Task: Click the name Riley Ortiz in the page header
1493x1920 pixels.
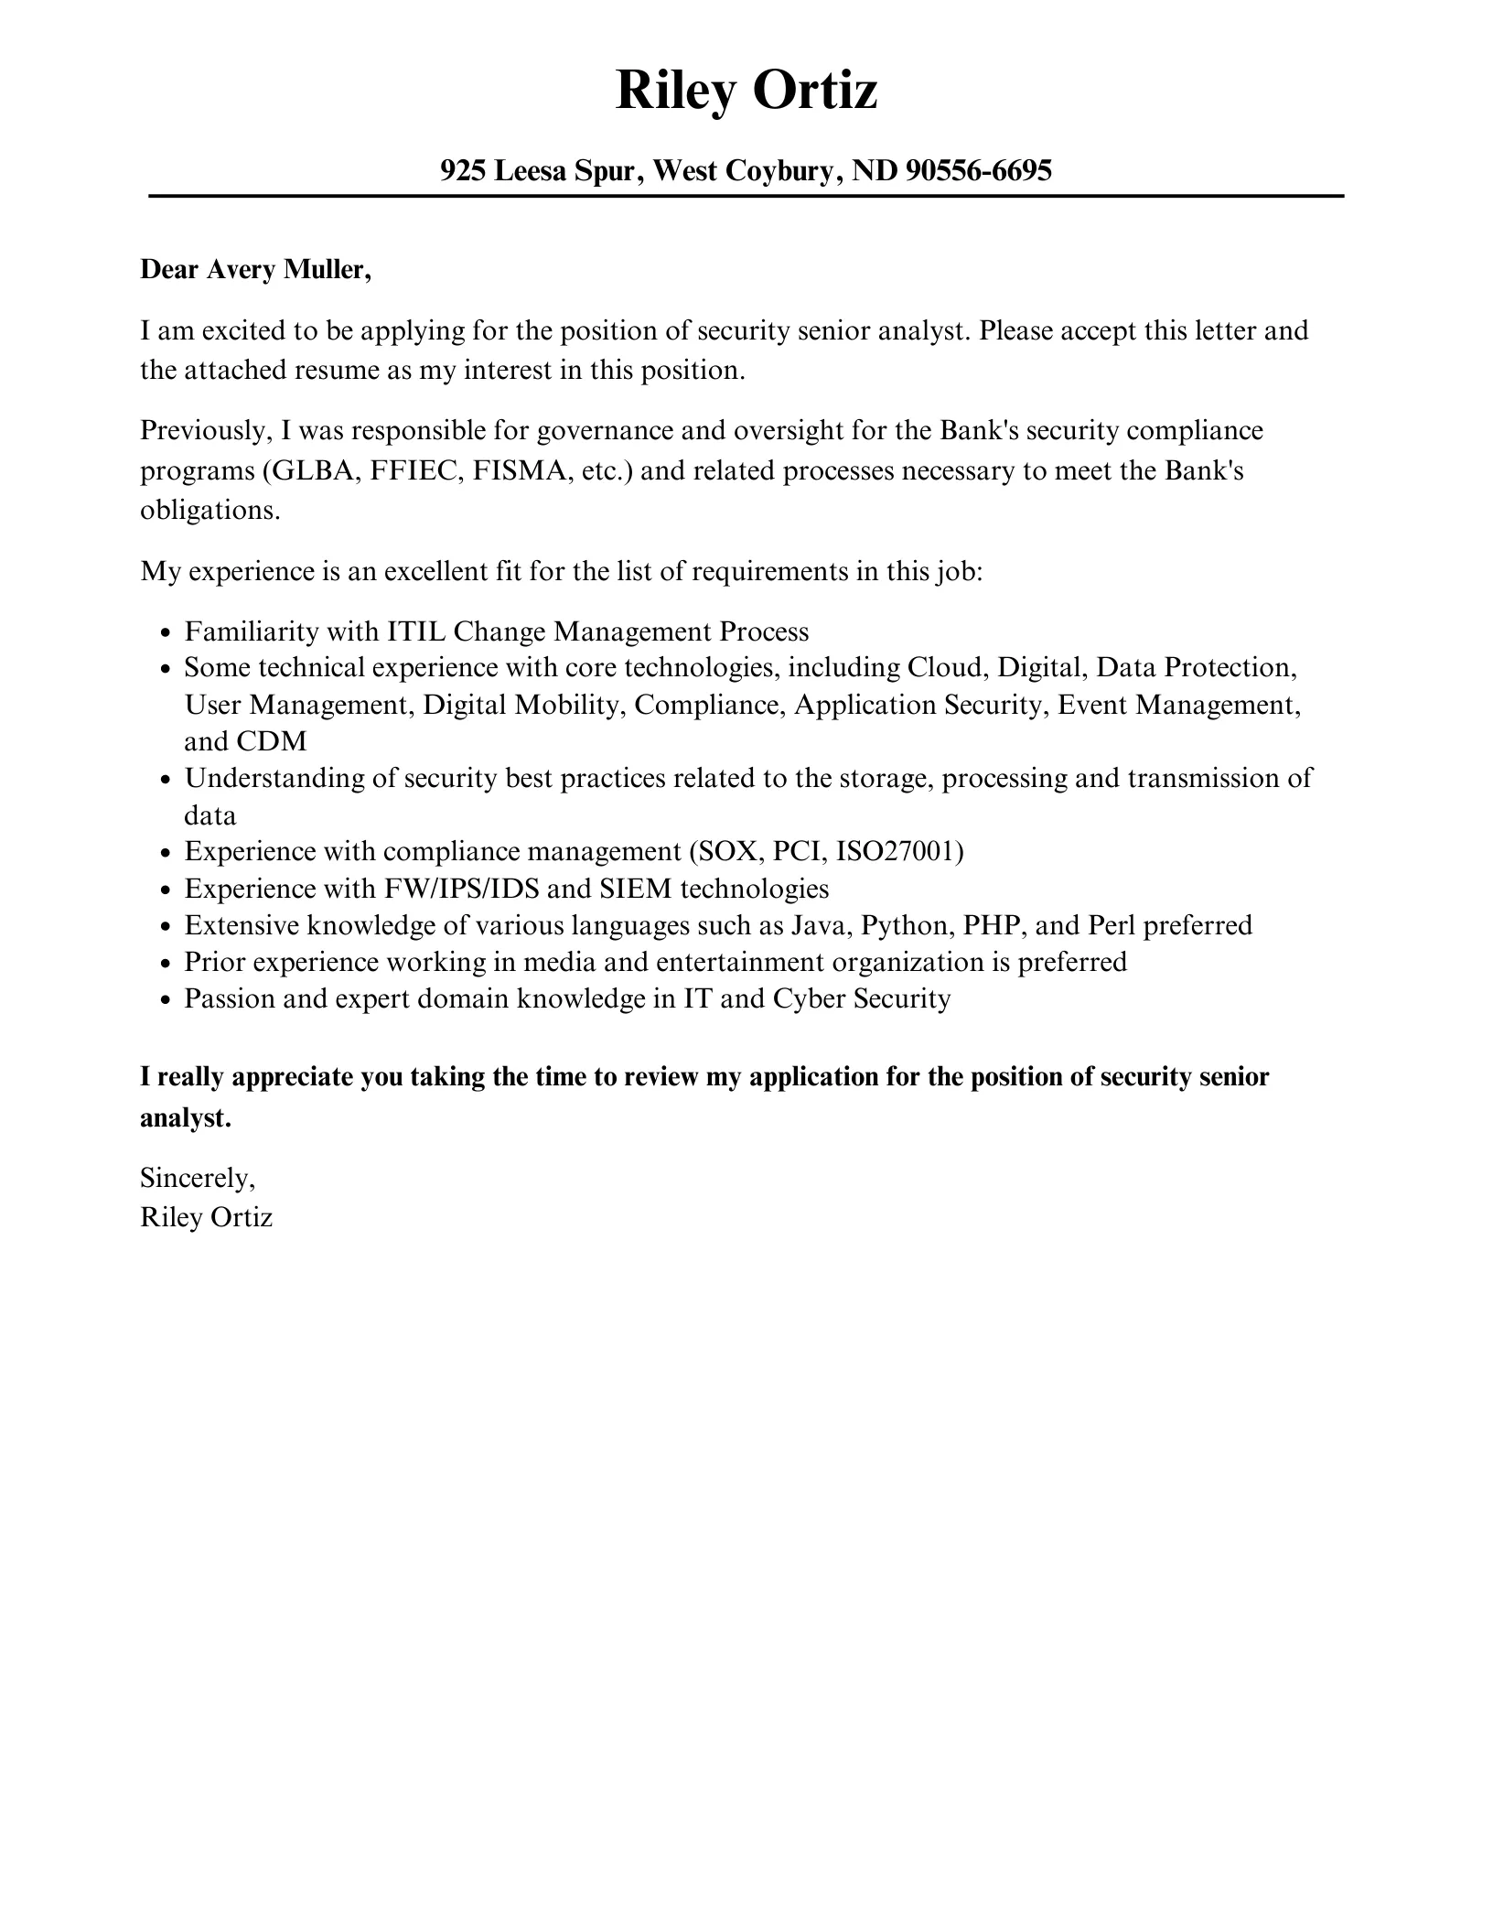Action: (x=746, y=92)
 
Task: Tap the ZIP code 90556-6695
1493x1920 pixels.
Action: (x=978, y=170)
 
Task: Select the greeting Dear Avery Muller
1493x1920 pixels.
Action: (x=255, y=270)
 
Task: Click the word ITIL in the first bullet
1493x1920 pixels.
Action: (x=416, y=631)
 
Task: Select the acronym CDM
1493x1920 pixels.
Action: (x=272, y=741)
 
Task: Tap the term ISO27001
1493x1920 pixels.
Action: (x=899, y=852)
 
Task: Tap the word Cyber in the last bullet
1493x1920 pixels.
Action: (x=809, y=998)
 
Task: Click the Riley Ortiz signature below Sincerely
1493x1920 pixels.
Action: (x=206, y=1217)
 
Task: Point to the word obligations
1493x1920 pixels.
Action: (x=209, y=511)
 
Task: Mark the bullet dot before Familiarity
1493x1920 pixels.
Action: (x=165, y=633)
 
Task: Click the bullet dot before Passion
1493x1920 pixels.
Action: (x=165, y=999)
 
